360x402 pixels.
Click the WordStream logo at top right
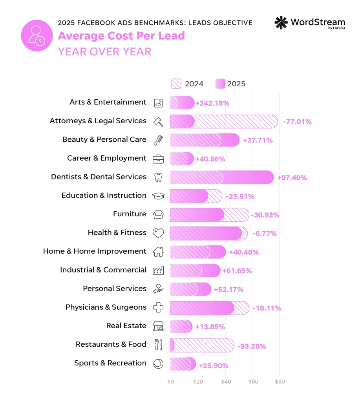point(309,23)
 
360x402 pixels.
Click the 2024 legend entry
point(187,84)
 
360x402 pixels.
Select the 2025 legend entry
point(230,84)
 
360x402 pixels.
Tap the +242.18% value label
point(212,103)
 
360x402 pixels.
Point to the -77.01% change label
point(297,122)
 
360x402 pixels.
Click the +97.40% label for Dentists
point(292,178)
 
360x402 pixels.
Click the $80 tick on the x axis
point(280,382)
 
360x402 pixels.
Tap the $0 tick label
point(170,382)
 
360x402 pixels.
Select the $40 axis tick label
point(225,382)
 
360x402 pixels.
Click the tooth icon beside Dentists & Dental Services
point(158,177)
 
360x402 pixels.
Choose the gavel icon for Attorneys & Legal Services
point(158,121)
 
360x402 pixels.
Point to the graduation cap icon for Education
point(158,196)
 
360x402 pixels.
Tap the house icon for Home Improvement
point(158,252)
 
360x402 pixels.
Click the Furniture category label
point(130,214)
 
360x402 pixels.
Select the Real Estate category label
point(126,326)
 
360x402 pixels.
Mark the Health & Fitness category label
point(117,233)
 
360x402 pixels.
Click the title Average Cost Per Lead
point(121,36)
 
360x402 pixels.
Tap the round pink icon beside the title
point(37,35)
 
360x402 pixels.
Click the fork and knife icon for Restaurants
point(158,345)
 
